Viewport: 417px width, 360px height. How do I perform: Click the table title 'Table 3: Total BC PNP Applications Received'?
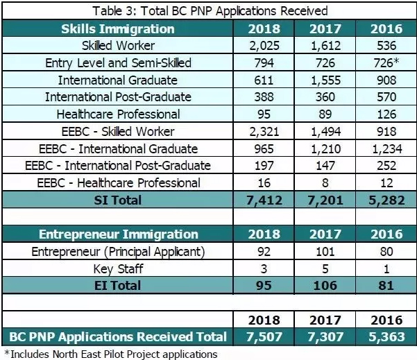208,11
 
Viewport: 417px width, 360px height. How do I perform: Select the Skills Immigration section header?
117,29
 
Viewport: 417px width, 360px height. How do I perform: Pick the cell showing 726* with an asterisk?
386,63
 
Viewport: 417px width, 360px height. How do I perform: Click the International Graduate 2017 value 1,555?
325,80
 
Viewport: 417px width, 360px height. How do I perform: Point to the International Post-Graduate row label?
117,97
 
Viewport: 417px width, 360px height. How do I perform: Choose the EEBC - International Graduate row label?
117,149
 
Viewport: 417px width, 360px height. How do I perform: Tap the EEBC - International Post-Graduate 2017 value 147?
325,166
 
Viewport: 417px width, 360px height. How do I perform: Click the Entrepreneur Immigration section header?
117,234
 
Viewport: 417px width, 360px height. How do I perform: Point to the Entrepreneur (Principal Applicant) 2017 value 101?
325,252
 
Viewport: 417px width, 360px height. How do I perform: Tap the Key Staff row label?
117,268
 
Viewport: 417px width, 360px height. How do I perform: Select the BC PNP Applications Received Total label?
117,337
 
